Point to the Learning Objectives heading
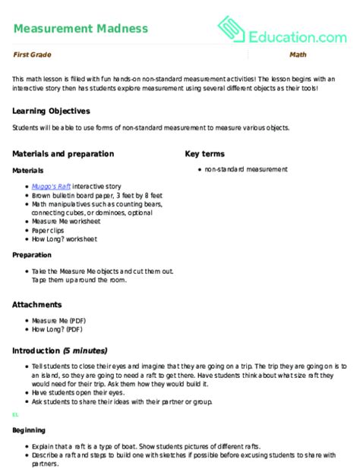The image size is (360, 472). point(51,110)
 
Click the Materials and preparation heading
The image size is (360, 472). point(63,153)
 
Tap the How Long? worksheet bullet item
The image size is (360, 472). point(64,238)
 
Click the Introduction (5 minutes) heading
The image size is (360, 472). point(59,351)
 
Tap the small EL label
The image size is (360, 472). point(15,416)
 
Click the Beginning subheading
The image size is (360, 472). point(29,430)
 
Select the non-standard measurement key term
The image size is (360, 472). point(242,169)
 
